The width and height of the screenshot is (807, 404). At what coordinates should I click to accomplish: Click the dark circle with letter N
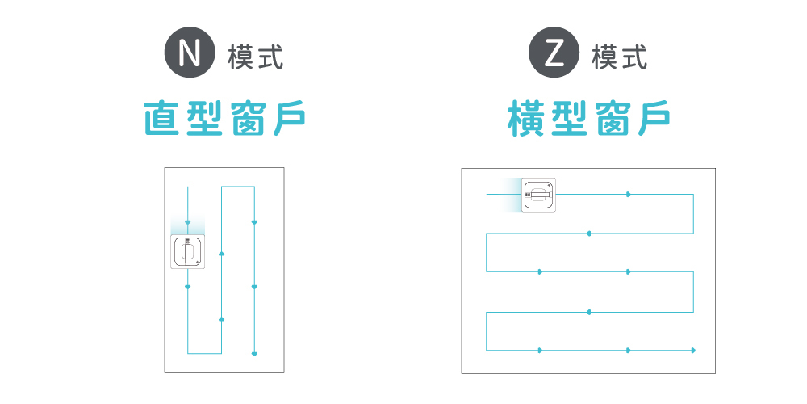click(190, 54)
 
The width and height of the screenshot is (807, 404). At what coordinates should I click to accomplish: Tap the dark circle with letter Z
click(554, 54)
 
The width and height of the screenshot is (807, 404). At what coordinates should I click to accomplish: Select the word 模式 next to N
click(256, 57)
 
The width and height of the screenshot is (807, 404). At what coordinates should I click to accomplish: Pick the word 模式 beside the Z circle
click(620, 57)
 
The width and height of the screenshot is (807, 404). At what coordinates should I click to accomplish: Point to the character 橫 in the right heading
click(528, 118)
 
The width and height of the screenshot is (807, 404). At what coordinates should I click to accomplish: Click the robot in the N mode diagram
click(188, 252)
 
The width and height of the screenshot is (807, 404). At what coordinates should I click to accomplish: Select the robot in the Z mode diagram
click(539, 195)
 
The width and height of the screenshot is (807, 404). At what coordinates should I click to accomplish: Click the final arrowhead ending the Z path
click(693, 350)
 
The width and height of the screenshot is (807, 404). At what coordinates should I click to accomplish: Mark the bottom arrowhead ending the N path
click(254, 353)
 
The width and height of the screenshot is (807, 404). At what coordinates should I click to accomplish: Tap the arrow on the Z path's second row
click(588, 234)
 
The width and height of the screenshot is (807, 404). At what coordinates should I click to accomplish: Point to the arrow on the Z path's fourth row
click(588, 311)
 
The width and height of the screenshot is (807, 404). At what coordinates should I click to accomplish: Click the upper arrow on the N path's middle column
click(221, 255)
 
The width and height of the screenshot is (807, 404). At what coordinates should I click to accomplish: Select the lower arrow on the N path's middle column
click(221, 320)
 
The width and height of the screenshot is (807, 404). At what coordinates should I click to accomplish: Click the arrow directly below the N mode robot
click(188, 287)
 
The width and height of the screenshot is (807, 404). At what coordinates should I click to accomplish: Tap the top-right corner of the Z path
click(693, 195)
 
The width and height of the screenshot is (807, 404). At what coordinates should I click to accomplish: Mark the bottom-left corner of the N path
click(188, 353)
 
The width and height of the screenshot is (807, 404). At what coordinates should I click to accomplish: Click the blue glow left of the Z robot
click(510, 195)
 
